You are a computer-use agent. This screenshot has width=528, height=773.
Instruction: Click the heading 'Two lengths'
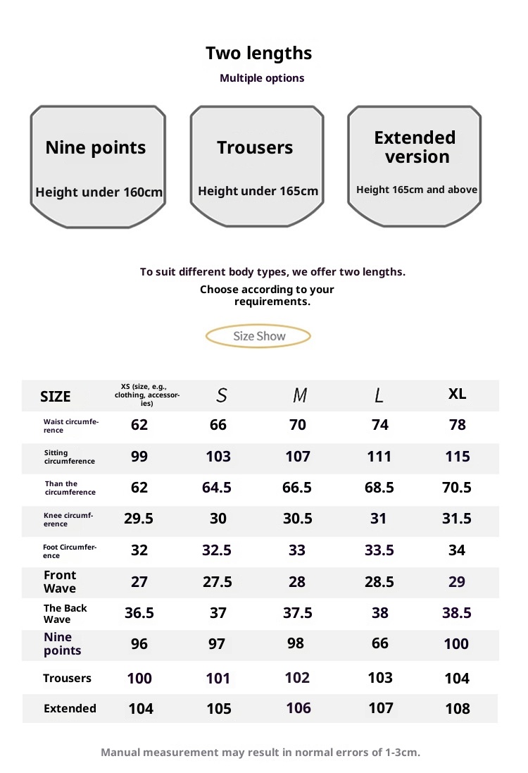[258, 53]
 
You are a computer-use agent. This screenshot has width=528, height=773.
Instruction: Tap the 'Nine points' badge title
[96, 147]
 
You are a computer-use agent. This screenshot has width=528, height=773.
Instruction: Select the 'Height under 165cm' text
[258, 191]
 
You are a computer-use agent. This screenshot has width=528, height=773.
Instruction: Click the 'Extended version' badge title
[415, 147]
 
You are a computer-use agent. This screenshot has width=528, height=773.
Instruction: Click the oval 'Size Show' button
[258, 336]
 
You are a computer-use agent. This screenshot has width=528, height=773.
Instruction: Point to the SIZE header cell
[56, 397]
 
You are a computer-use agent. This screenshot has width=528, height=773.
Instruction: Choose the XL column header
[457, 394]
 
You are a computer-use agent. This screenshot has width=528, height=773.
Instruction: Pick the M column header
[300, 395]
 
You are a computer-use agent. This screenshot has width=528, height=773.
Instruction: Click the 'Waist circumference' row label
[71, 426]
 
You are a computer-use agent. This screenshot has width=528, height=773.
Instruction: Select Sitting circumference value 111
[379, 457]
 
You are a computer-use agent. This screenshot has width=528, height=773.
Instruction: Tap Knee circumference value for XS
[139, 519]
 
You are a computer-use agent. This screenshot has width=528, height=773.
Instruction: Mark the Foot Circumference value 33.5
[379, 550]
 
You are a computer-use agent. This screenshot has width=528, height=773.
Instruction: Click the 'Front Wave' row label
[60, 582]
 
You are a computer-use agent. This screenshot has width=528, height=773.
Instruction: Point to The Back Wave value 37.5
[298, 613]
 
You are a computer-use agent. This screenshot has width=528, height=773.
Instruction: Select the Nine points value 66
[379, 643]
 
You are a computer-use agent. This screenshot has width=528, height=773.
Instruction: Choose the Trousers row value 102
[297, 677]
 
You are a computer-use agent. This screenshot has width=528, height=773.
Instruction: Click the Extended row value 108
[457, 708]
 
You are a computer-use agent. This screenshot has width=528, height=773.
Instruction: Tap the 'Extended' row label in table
[70, 708]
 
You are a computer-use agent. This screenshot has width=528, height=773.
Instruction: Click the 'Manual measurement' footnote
[260, 752]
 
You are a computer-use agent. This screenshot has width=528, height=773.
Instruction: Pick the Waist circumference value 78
[457, 425]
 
